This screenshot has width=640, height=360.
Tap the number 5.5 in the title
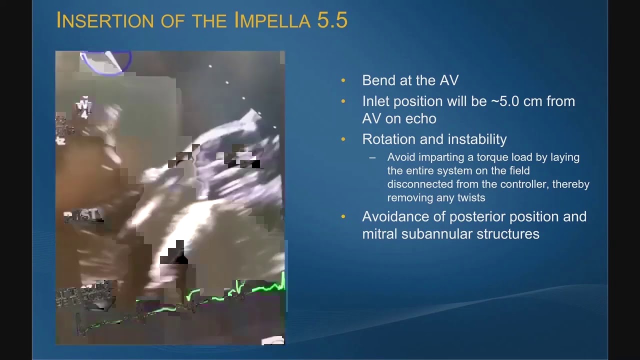click(x=332, y=20)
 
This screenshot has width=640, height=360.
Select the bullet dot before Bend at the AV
click(x=343, y=80)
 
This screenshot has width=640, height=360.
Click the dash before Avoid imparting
click(x=372, y=157)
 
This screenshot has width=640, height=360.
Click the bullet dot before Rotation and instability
click(x=343, y=139)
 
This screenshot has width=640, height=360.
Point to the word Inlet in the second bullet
click(x=375, y=101)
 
